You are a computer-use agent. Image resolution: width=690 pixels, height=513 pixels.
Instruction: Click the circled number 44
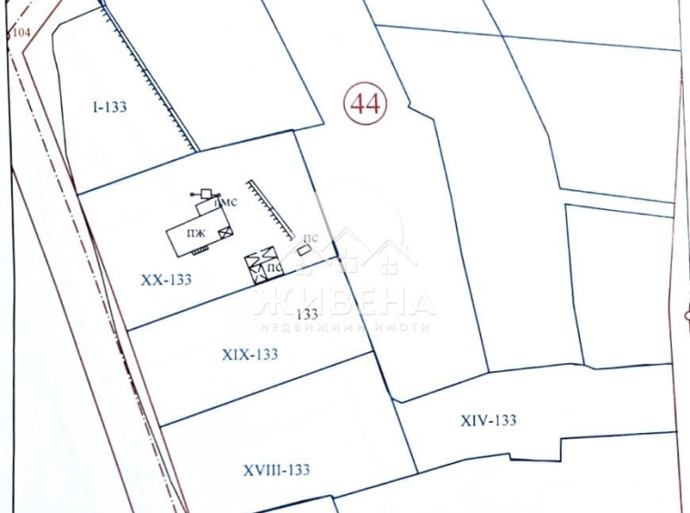(365, 103)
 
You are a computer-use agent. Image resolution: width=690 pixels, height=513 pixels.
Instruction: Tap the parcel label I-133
(108, 106)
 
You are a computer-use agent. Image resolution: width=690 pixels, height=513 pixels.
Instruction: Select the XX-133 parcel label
(167, 279)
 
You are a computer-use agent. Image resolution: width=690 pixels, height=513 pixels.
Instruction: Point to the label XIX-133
(249, 354)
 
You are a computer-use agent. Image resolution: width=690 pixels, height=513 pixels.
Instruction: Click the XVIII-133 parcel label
(277, 469)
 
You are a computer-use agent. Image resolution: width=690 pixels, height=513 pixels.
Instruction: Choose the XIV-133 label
(488, 419)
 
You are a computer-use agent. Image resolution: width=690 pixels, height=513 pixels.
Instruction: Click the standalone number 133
(307, 313)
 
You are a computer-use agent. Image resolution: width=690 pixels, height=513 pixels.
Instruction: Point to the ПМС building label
(225, 202)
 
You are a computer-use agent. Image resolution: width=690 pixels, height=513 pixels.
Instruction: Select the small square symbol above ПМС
(207, 193)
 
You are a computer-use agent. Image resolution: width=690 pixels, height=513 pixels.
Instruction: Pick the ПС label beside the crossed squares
(272, 268)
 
